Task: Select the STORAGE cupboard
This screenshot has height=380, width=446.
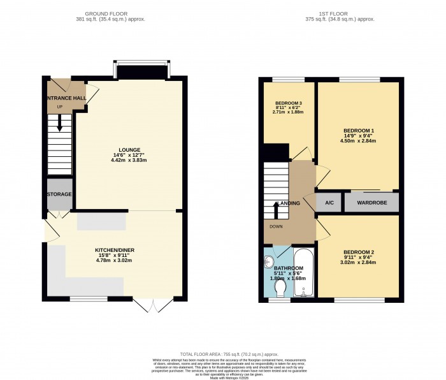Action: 59,194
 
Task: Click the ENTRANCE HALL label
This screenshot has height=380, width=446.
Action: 64,98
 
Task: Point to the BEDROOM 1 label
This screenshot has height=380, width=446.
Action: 359,131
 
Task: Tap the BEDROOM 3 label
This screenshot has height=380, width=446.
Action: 289,103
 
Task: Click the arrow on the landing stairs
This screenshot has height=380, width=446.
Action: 276,209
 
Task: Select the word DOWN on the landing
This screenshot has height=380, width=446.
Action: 277,226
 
